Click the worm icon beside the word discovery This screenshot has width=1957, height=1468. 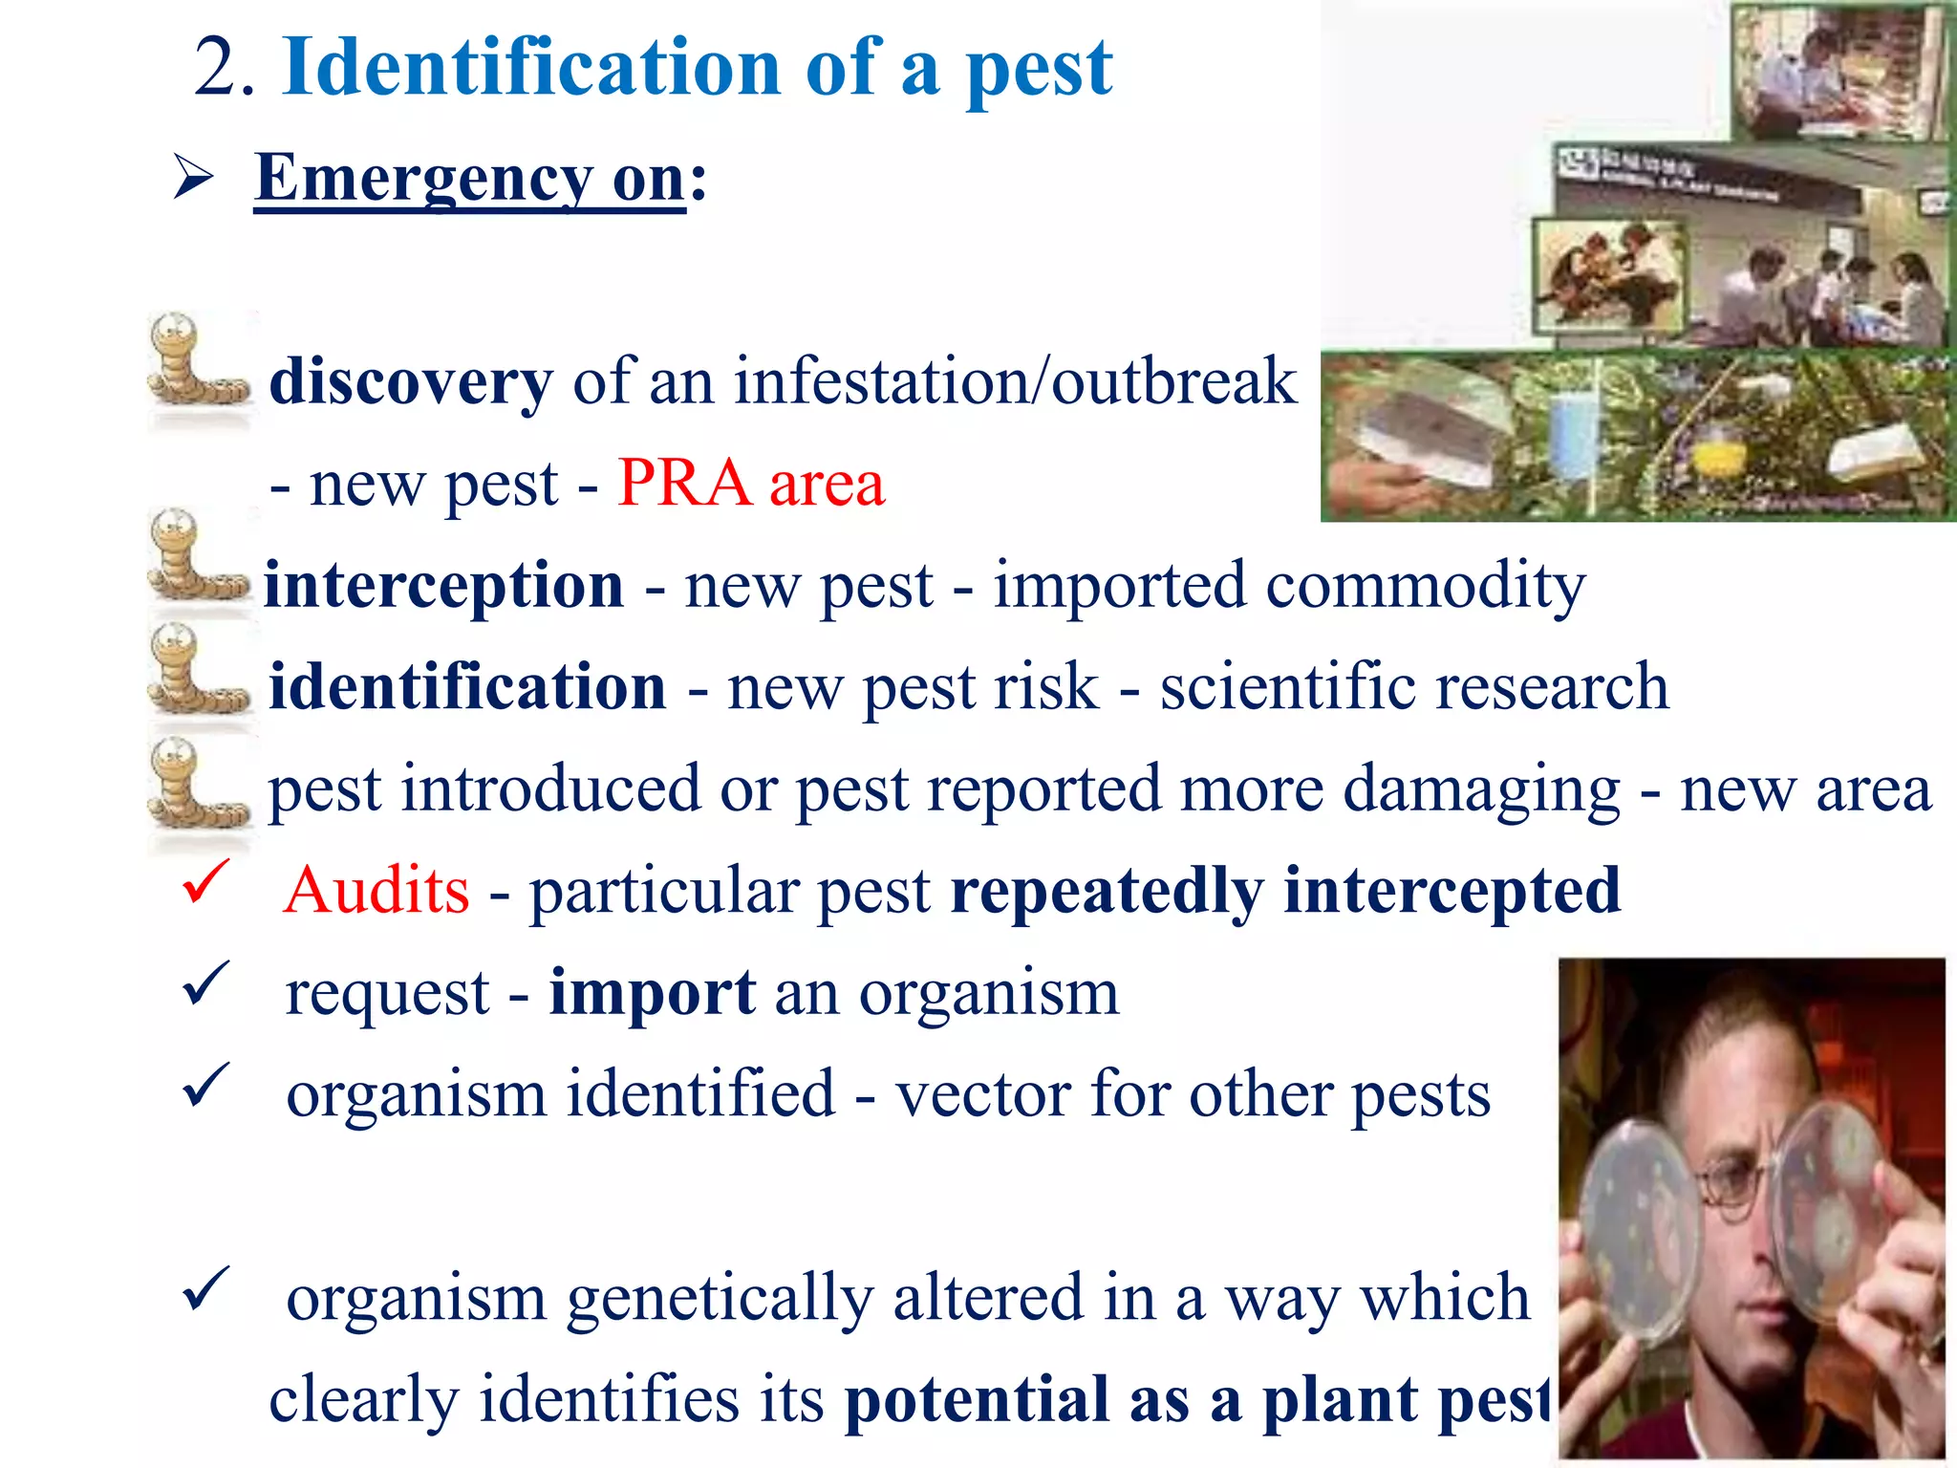tap(196, 363)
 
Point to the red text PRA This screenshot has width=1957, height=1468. tap(684, 483)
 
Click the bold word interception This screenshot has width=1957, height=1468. tap(443, 585)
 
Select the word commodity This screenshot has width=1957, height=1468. tap(1425, 585)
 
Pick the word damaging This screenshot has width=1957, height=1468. tap(1480, 789)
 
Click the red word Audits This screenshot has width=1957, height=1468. tap(376, 891)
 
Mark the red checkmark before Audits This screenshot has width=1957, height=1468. tap(204, 881)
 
